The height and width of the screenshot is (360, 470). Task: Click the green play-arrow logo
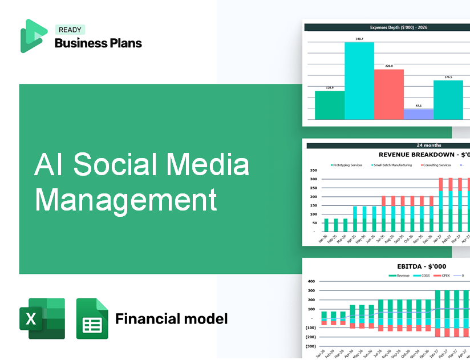coord(33,35)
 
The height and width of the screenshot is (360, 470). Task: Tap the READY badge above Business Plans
coord(70,30)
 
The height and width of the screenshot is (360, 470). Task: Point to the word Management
coord(125,200)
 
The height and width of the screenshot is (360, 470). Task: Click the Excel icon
coord(42,318)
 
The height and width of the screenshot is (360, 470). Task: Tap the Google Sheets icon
coord(92,318)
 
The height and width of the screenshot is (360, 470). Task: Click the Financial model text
coord(171,318)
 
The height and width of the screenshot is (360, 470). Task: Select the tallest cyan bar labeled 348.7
coord(359,80)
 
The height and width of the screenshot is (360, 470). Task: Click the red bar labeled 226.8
coord(389,94)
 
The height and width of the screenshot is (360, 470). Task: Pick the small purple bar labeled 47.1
coord(419,114)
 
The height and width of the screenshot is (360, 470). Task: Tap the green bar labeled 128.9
coord(330,105)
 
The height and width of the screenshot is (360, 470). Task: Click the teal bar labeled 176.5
coord(448,100)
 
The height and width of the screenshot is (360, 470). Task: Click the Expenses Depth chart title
coord(391,27)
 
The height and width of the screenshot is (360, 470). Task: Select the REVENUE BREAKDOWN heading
coord(424,155)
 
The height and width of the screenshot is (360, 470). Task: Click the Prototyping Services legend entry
coord(347,165)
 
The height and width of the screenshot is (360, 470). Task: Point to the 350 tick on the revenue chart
coord(313,171)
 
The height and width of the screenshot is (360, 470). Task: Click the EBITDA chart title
coord(422,266)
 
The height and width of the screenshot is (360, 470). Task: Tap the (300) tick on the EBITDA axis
coord(311,346)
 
